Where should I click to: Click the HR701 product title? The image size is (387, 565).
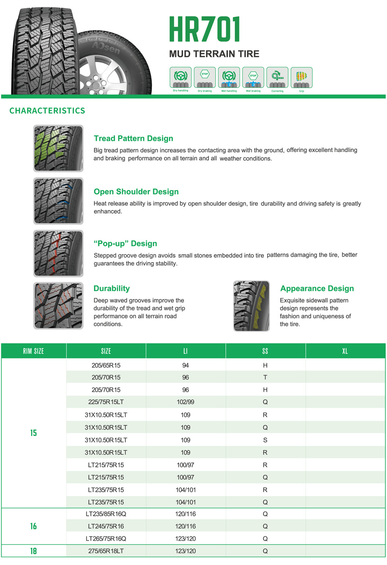click(x=204, y=29)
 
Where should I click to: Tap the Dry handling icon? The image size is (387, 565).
click(x=181, y=77)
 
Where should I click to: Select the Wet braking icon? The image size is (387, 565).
click(x=253, y=77)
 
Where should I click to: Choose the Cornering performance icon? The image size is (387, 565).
click(x=277, y=77)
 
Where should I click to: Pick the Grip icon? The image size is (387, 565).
click(x=302, y=77)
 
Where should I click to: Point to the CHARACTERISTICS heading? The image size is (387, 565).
click(x=47, y=111)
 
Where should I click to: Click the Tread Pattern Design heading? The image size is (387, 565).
click(x=133, y=138)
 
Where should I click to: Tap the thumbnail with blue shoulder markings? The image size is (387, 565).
click(x=58, y=201)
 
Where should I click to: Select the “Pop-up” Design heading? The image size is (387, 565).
click(x=125, y=244)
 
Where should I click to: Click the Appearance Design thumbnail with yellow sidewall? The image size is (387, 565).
click(x=252, y=306)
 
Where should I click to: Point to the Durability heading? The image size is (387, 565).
click(x=112, y=288)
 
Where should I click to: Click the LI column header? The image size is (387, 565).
click(x=185, y=351)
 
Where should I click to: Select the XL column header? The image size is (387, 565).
click(x=345, y=351)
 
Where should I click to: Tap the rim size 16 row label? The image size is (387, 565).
click(x=33, y=526)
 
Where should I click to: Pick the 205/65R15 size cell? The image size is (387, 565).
click(x=106, y=365)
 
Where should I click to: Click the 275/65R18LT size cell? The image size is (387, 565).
click(x=106, y=551)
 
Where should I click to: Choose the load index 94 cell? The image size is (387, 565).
click(x=185, y=365)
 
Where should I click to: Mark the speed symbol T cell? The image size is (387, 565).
click(x=265, y=377)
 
